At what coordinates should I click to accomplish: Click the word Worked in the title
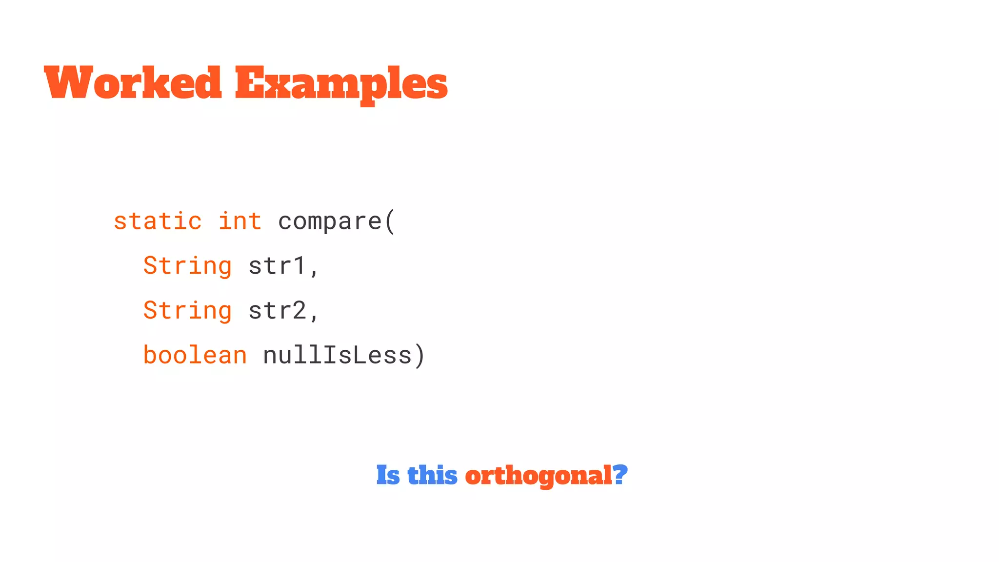pos(133,83)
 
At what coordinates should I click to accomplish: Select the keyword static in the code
pos(158,221)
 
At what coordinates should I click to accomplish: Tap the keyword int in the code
pos(240,221)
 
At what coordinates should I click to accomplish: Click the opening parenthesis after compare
pos(390,222)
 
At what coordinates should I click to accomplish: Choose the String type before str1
pos(187,266)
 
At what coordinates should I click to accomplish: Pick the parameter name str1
pos(277,266)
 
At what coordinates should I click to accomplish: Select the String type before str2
pos(187,311)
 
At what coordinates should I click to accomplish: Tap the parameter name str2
pos(277,311)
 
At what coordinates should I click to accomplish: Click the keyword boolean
pos(195,355)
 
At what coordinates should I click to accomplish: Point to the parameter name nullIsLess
pos(337,355)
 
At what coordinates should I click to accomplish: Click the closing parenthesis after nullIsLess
pos(420,356)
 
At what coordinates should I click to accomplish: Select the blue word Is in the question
pos(388,475)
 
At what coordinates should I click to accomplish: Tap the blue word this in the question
pos(432,475)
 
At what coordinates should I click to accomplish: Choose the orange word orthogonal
pos(538,476)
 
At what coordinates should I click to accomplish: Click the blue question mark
pos(620,475)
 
